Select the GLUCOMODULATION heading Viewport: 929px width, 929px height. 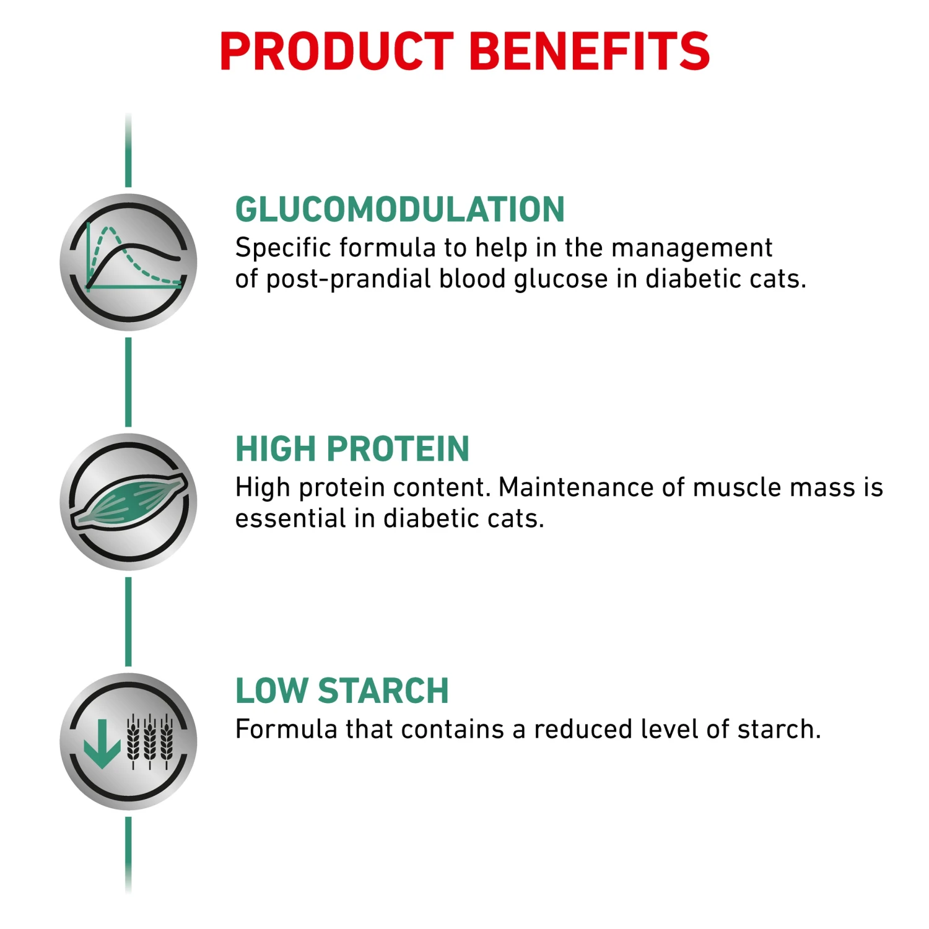pos(400,209)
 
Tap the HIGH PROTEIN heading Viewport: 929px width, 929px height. pos(352,449)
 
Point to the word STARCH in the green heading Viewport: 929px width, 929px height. pos(383,691)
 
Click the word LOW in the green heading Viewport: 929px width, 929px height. pos(272,691)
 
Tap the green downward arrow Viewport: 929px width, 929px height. pos(102,743)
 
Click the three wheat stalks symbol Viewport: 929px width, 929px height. pos(150,741)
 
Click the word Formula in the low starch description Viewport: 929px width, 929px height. pos(287,730)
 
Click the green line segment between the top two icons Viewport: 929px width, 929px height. pos(128,382)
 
